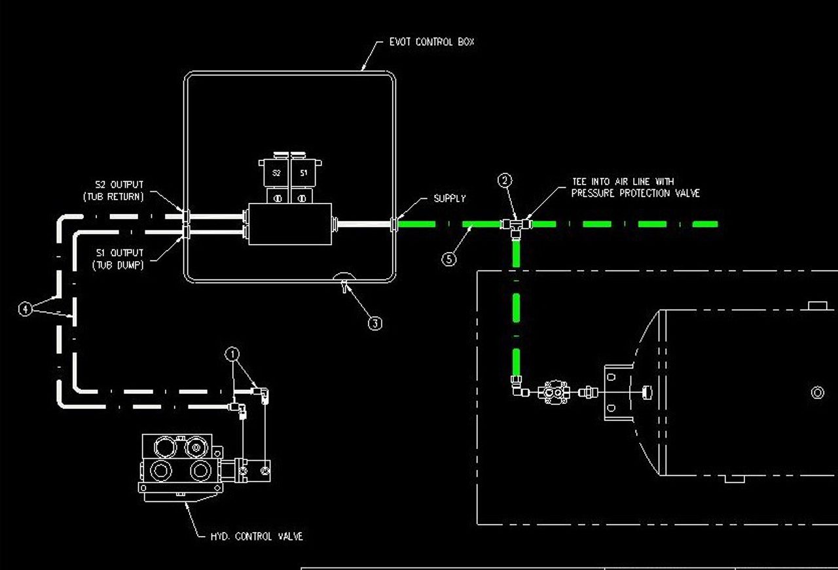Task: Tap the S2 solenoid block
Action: point(276,173)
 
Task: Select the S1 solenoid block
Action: point(303,173)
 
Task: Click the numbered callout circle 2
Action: point(505,180)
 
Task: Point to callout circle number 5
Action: point(448,258)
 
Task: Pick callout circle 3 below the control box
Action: point(374,323)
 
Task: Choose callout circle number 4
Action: point(25,309)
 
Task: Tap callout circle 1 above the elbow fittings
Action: point(232,354)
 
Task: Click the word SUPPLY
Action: point(449,198)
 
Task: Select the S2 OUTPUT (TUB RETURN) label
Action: point(118,190)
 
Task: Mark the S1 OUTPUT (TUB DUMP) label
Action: point(118,259)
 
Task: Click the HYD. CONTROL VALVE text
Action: point(257,537)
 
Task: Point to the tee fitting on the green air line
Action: point(516,225)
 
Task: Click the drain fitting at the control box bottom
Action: point(342,283)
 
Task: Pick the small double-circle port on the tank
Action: point(817,393)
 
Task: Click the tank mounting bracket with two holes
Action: point(614,393)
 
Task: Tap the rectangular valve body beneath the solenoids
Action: point(291,223)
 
